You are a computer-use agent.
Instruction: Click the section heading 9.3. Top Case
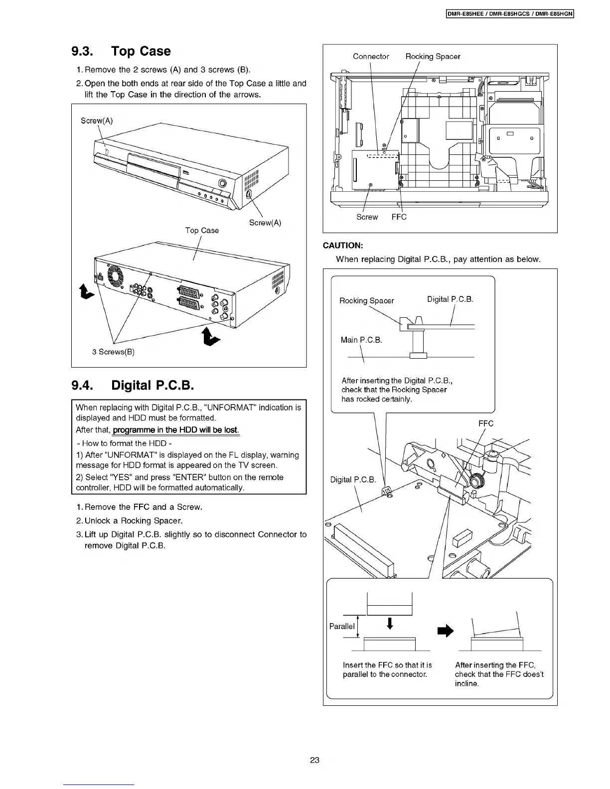pos(121,51)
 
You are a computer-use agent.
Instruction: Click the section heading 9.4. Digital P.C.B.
pos(133,385)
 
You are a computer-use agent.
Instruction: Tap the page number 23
pos(314,760)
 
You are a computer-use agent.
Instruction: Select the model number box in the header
pos(510,14)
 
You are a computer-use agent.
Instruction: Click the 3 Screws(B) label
pos(114,352)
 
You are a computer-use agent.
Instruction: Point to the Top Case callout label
pos(202,230)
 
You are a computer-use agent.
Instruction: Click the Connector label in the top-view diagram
pos(371,56)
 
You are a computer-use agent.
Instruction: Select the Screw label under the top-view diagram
pos(367,217)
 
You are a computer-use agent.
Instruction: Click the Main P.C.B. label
pos(361,340)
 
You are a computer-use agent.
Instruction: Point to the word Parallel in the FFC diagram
pos(342,626)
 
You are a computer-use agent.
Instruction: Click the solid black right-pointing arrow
pos(445,631)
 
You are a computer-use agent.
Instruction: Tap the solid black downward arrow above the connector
pos(390,624)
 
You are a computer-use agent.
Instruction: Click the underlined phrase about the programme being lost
pos(176,430)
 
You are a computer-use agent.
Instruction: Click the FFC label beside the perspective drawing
pos(485,423)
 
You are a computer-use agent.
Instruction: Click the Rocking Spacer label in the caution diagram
pos(366,300)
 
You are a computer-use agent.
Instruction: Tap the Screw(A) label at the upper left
pos(97,121)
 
